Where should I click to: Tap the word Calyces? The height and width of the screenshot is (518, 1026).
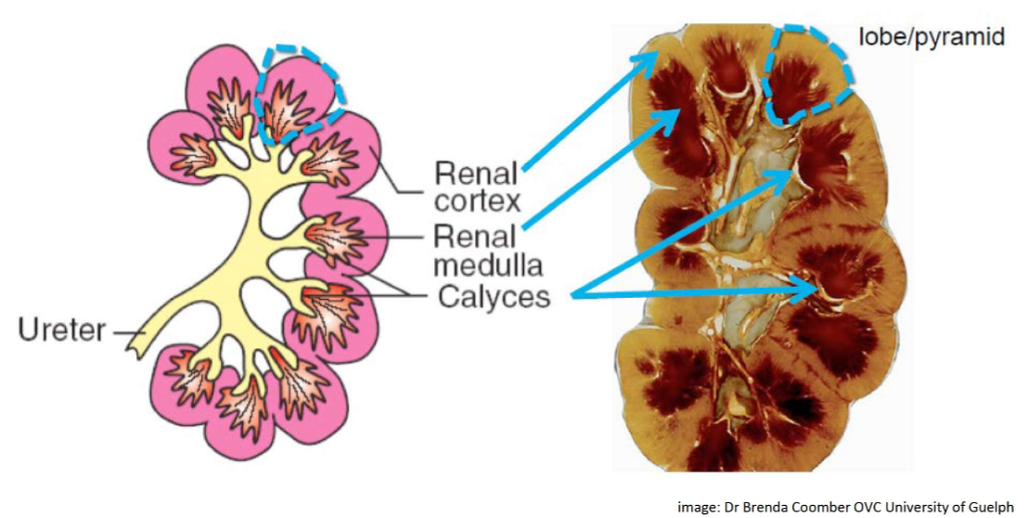[x=494, y=297]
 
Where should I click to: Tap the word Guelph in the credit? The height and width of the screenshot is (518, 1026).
[x=995, y=506]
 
